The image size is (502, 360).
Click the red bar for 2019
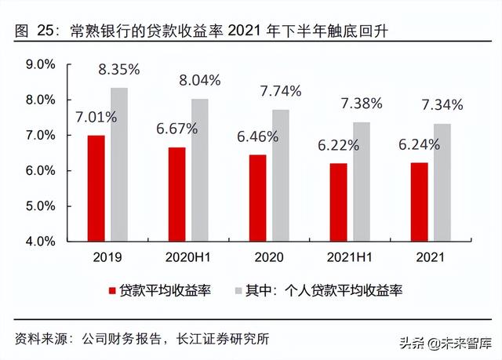point(96,188)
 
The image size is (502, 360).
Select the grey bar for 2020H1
point(200,170)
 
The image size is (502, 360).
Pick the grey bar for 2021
point(442,183)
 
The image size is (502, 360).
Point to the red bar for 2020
point(257,198)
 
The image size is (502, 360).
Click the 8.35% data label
point(118,69)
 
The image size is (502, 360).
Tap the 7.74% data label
point(280,91)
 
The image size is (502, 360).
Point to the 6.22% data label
point(338,144)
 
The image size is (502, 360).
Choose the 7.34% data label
point(442,104)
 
